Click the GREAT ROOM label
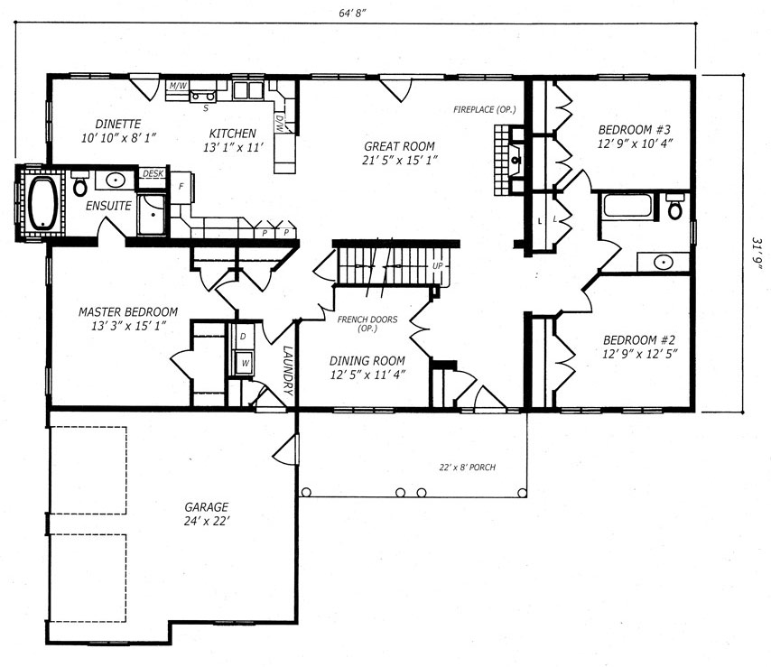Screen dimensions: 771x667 [x=399, y=146]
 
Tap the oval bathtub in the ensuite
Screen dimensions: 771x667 [x=44, y=203]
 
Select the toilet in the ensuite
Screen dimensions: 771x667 [x=79, y=183]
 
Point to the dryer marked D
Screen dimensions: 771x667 [x=243, y=337]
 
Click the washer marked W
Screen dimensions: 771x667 [x=245, y=363]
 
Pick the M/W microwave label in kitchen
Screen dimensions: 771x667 [x=178, y=86]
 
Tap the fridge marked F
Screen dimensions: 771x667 [x=181, y=187]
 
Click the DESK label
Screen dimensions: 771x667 [x=153, y=173]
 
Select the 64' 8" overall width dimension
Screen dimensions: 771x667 [x=353, y=14]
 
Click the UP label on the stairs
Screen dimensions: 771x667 [x=438, y=266]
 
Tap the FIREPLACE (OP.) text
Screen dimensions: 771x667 [x=484, y=109]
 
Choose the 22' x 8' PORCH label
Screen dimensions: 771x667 [x=467, y=467]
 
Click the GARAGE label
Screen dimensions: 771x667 [x=207, y=506]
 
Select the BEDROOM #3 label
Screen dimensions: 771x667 [x=635, y=130]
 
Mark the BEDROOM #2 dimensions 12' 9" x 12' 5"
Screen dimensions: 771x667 [x=640, y=354]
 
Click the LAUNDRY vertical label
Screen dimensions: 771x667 [x=288, y=371]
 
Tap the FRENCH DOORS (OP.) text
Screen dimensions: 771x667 [x=367, y=323]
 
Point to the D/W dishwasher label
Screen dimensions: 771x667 [x=279, y=124]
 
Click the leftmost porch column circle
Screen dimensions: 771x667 [x=306, y=492]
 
